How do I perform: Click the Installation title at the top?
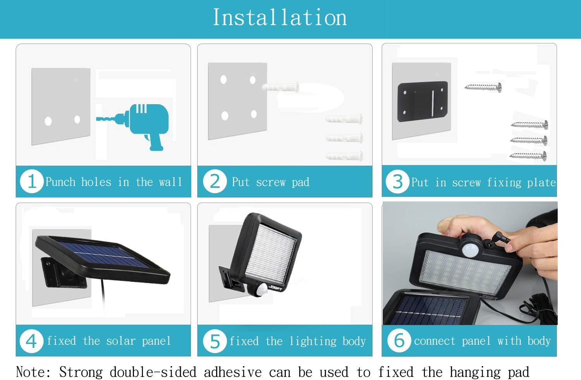pos(280,17)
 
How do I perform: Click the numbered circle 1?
pos(32,181)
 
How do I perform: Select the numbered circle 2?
pos(215,181)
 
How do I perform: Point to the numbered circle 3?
pos(398,181)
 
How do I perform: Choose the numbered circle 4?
pos(31,341)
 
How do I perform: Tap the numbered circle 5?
pos(215,341)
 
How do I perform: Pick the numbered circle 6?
pos(399,340)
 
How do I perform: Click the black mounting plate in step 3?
pos(423,101)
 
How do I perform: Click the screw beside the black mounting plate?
pos(483,87)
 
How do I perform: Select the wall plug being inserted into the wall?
pos(280,87)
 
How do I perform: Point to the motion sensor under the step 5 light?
pos(261,290)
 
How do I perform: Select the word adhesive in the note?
pos(233,372)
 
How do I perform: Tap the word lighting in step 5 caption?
pos(313,341)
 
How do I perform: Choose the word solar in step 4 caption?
pos(121,341)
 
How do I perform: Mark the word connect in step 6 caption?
pos(435,341)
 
